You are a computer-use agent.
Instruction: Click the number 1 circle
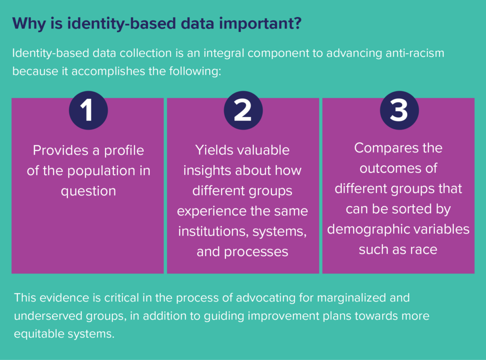pyautogui.click(x=88, y=110)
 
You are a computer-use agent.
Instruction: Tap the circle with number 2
pyautogui.click(x=243, y=110)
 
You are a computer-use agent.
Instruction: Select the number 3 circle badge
pyautogui.click(x=399, y=110)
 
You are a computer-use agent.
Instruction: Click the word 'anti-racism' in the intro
pyautogui.click(x=415, y=53)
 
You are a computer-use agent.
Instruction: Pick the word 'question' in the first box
pyautogui.click(x=88, y=191)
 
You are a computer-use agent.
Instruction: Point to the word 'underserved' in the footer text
pyautogui.click(x=48, y=316)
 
